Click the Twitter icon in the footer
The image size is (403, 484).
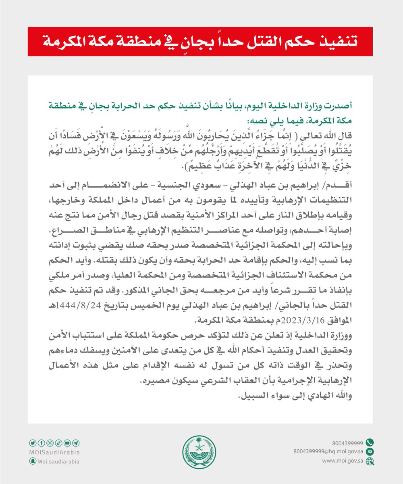[x=31, y=442]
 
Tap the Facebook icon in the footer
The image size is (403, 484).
[x=40, y=442]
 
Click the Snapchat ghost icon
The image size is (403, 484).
[x=31, y=461]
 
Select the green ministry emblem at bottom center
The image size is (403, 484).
[x=201, y=451]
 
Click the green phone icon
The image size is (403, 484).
[x=371, y=442]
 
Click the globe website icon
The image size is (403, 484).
[x=371, y=461]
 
